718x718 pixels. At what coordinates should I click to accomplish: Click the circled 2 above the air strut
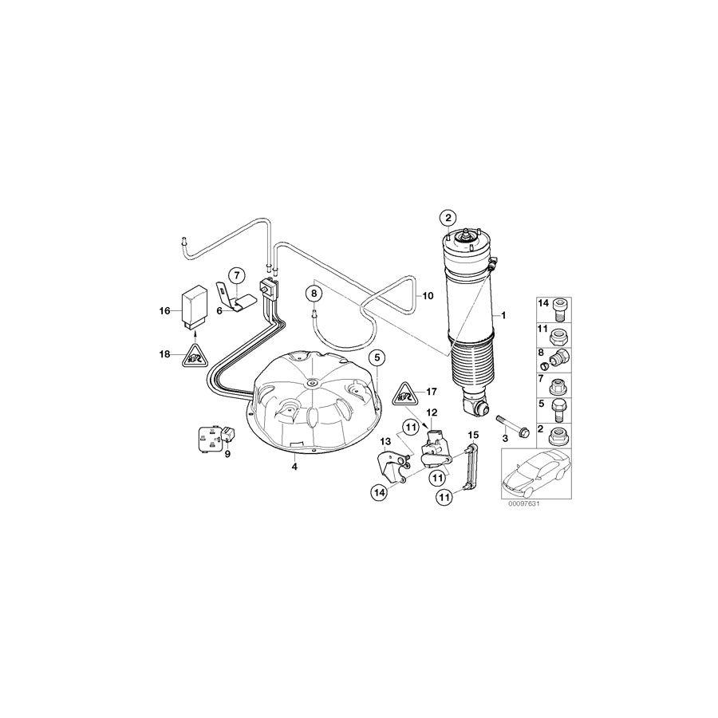448,218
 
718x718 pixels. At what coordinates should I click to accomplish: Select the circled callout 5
377,357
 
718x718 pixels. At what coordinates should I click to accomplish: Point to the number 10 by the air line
427,295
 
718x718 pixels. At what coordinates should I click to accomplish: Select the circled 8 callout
314,294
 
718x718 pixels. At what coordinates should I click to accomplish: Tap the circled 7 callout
236,276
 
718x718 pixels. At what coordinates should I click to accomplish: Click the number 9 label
227,455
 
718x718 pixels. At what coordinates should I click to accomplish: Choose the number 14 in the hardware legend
543,304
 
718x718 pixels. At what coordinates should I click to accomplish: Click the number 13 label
385,441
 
